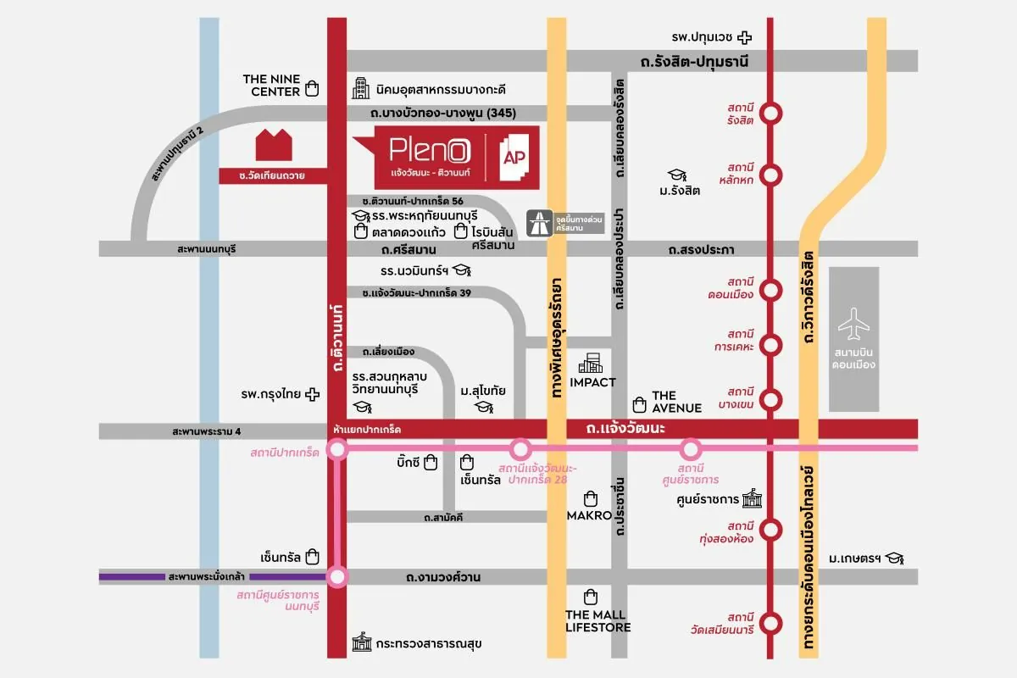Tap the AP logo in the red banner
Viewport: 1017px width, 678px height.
pos(516,157)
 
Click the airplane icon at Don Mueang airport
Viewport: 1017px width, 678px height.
pos(853,325)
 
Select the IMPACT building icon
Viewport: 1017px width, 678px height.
pos(591,363)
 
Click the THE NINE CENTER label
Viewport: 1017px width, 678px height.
pos(271,86)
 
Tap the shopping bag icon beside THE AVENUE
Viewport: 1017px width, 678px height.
pos(640,403)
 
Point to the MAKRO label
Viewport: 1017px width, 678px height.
pos(589,514)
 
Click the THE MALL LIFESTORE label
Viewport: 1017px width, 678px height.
pos(597,620)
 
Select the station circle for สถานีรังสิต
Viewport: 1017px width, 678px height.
pos(770,113)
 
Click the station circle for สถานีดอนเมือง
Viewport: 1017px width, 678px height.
pos(770,290)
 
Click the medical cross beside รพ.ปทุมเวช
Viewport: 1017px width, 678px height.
pos(744,36)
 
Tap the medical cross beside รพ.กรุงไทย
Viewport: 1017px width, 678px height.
pos(313,395)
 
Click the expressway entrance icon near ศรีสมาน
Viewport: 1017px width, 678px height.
pos(538,221)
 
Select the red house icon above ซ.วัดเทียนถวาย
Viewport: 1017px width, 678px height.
pos(275,145)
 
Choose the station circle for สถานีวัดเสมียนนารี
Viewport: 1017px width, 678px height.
pos(770,624)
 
